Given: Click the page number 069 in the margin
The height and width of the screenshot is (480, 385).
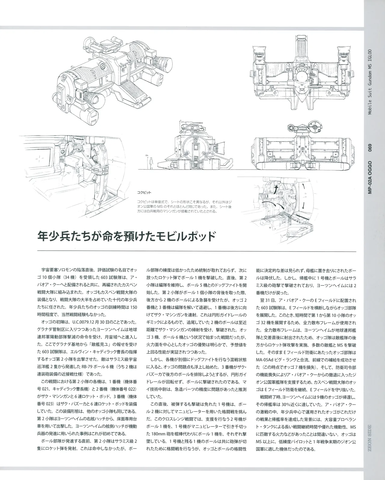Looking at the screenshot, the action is (x=370, y=148).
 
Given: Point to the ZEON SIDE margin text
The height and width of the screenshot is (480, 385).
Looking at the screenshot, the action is (x=370, y=442).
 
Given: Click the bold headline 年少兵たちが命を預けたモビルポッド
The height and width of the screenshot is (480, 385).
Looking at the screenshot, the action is (x=127, y=237).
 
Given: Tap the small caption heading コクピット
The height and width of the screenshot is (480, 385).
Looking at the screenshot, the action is (x=144, y=192).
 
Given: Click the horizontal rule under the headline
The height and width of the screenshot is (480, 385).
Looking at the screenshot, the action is (x=196, y=251).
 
